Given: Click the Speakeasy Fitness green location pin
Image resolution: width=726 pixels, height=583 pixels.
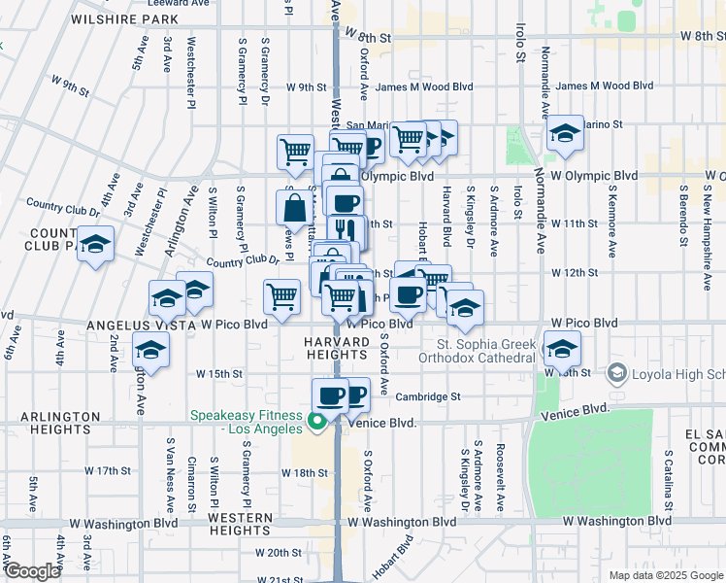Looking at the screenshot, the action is tap(315, 422).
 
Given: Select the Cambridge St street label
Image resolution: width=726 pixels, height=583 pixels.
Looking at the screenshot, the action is tap(428, 396).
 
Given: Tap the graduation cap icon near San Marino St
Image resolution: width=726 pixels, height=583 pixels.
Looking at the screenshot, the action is tap(564, 134).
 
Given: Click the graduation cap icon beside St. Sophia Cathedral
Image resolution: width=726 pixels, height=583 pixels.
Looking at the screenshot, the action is tap(562, 347).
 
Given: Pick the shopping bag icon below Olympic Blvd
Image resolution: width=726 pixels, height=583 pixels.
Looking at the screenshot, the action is tap(294, 207).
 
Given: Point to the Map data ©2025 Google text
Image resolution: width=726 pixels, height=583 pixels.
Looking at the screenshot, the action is tap(665, 575).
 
